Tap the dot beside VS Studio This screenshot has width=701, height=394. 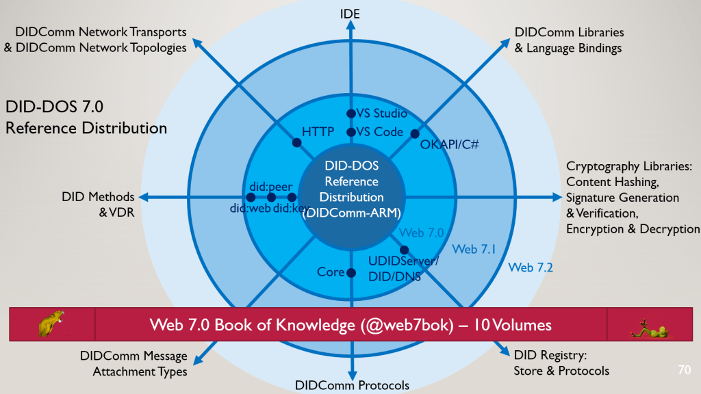[350, 114]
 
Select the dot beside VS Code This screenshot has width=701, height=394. [350, 132]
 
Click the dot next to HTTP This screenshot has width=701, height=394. [297, 143]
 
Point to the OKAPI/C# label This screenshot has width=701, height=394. [449, 145]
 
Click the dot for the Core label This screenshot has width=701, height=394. [350, 272]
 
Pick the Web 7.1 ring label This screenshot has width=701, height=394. [474, 250]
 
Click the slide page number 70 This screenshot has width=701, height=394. [683, 370]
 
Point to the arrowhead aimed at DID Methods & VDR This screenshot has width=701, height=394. [146, 198]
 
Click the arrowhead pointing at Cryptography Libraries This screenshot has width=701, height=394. [556, 198]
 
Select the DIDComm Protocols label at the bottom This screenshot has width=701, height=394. [352, 385]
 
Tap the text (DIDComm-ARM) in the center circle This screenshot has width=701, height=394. [351, 212]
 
